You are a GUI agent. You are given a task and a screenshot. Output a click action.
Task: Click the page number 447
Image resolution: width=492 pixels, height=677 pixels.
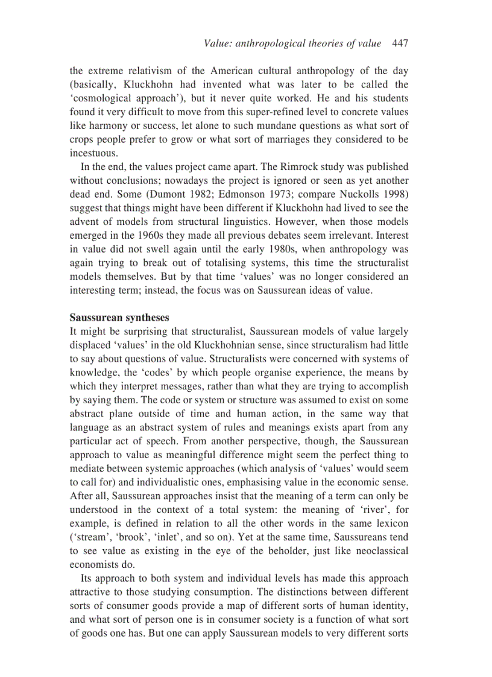400,43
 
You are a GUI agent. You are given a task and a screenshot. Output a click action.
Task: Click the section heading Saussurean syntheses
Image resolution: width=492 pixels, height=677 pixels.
119,316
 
